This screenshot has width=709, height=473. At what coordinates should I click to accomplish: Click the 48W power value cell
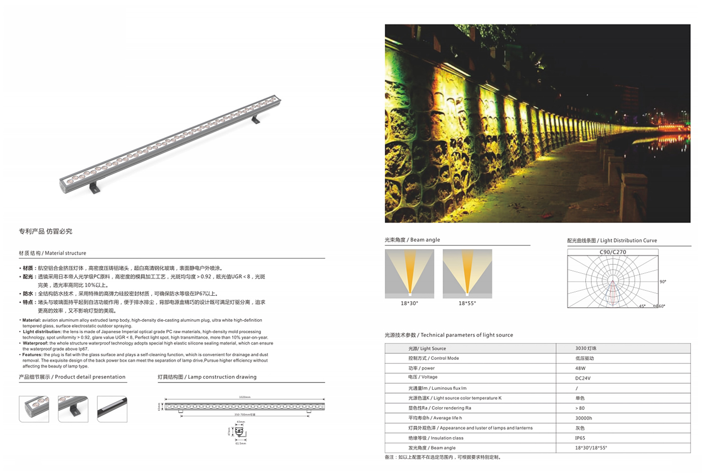580,368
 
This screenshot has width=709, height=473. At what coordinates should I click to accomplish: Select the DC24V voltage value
583,378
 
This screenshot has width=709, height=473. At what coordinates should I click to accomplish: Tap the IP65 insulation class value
580,438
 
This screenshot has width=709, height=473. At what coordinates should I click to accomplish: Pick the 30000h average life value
583,418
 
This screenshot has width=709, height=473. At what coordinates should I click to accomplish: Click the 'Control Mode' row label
433,358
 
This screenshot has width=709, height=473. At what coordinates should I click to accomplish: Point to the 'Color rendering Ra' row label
440,408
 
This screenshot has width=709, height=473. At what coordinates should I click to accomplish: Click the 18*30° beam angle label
409,303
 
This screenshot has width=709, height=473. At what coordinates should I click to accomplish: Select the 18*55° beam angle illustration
467,274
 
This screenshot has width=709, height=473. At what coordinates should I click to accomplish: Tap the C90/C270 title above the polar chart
613,252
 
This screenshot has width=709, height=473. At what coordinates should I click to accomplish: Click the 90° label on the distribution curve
663,282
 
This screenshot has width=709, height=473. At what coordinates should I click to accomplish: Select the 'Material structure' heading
52,253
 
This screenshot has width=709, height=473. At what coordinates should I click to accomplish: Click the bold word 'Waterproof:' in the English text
35,343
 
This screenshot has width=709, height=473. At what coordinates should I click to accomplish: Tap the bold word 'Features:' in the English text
32,354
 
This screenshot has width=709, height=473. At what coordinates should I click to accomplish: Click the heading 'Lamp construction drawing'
207,377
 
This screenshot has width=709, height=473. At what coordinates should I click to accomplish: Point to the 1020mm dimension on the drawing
245,397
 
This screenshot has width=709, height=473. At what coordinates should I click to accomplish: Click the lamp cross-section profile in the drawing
240,431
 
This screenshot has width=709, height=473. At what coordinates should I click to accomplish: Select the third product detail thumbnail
112,409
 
